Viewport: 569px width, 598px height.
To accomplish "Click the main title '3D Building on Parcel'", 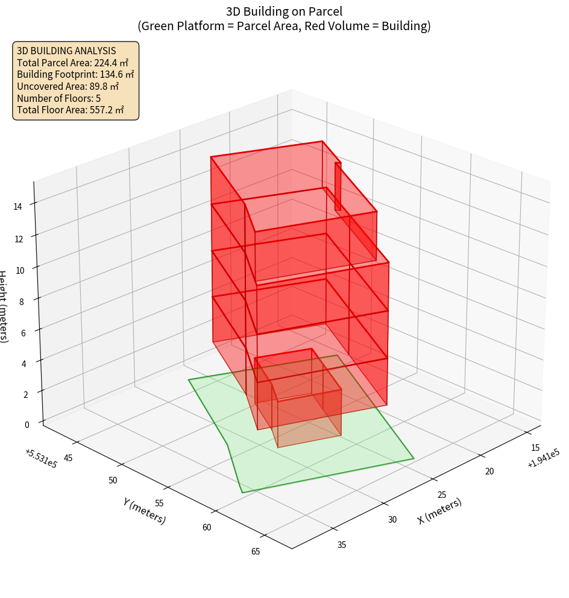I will tap(284, 11).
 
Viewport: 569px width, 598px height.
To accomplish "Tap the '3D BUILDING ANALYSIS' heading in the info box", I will tap(66, 51).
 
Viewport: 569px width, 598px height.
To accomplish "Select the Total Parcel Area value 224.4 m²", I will tap(111, 63).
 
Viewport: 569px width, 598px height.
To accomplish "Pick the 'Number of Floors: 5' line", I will tap(58, 98).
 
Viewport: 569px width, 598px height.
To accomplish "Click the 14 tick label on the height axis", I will tap(17, 206).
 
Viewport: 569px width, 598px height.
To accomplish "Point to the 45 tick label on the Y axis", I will tap(68, 458).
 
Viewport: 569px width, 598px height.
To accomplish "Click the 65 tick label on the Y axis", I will tap(256, 551).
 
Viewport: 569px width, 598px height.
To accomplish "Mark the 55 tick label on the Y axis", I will tap(159, 503).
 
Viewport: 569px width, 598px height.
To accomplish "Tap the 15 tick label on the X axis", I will tap(535, 448).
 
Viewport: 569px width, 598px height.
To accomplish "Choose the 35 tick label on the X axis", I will tap(342, 545).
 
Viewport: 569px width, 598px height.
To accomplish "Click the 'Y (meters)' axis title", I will tap(144, 511).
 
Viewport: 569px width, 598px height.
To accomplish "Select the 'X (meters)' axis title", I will tap(439, 511).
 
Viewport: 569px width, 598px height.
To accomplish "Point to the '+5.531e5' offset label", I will tap(41, 459).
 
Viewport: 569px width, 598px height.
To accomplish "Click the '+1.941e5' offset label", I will tap(543, 459).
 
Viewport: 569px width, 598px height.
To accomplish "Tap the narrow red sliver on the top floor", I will tap(338, 186).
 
